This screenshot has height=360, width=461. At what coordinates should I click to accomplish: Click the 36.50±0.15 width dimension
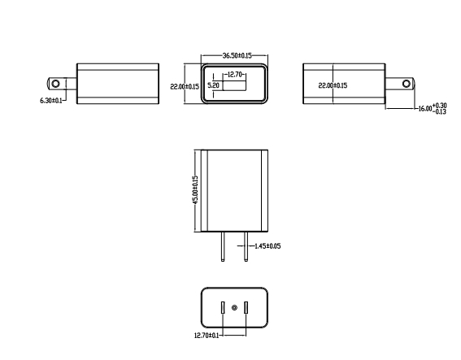[237, 55]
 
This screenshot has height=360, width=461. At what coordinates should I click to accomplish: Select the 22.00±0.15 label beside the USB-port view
[185, 86]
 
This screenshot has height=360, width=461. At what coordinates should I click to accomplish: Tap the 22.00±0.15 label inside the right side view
[333, 85]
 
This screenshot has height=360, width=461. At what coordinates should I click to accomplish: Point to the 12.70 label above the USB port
[235, 75]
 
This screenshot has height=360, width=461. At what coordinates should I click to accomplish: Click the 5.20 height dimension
[214, 85]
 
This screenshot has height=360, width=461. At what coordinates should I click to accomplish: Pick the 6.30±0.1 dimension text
[51, 101]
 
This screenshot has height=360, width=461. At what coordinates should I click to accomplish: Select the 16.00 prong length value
[425, 109]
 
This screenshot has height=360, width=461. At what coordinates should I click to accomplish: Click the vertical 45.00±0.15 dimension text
[195, 190]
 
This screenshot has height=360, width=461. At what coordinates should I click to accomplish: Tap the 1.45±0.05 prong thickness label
[267, 246]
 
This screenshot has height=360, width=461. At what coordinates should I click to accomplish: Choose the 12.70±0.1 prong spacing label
[207, 336]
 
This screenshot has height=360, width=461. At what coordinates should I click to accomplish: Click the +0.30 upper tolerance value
[440, 105]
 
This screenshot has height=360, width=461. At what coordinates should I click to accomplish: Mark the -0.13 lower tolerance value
[440, 111]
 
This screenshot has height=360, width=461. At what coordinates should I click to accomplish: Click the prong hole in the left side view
[55, 84]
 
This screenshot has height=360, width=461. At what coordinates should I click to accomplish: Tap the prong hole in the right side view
[407, 84]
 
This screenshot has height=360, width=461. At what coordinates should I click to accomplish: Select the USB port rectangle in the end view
[235, 85]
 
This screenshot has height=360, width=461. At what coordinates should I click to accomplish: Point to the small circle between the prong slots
[234, 308]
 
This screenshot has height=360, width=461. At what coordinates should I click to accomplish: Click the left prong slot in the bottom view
[223, 308]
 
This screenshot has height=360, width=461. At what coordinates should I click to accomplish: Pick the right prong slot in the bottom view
[246, 308]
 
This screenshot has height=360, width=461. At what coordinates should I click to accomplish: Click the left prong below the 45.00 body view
[223, 246]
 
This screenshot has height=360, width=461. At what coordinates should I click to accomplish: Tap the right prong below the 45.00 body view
[246, 246]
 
